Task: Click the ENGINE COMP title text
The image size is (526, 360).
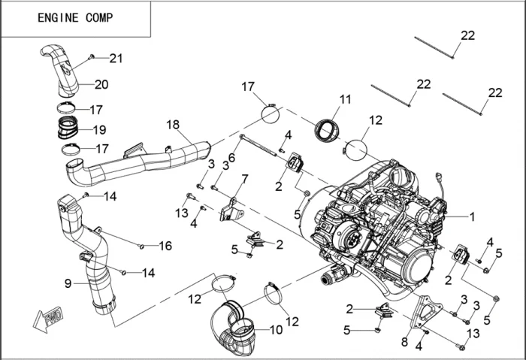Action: tap(75, 18)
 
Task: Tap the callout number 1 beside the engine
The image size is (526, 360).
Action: tap(472, 216)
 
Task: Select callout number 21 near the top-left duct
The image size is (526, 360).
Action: tap(115, 58)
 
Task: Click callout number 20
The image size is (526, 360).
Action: tap(101, 83)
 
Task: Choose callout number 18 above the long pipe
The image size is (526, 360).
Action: tap(173, 125)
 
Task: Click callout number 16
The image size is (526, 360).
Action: tap(165, 246)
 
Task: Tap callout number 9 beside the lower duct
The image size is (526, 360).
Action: tap(68, 283)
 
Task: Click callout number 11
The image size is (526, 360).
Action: tap(345, 99)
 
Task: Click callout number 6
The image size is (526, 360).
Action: tap(231, 157)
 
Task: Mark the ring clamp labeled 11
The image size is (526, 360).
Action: tap(328, 129)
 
